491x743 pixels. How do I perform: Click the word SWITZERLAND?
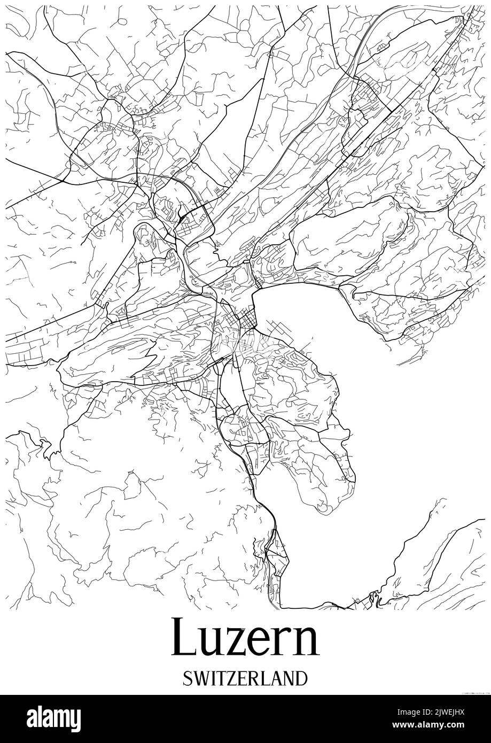[245, 678]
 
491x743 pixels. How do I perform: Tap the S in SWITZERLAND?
[186, 678]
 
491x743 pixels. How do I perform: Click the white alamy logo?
[54, 719]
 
